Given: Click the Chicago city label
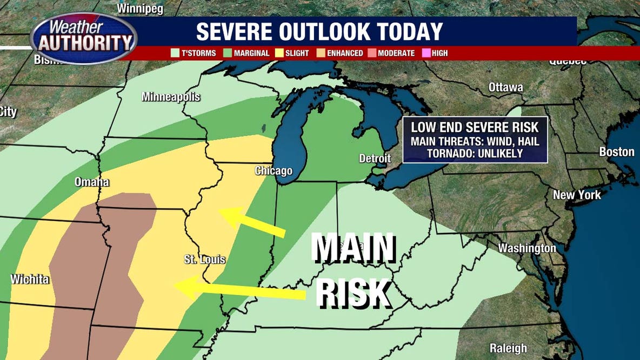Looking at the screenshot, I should [x=274, y=171].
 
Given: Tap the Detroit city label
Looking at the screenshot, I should [x=375, y=159].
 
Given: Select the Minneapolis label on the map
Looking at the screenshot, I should [x=171, y=97].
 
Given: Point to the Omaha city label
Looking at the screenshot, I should [x=92, y=182].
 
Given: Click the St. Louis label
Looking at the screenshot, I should [x=205, y=260].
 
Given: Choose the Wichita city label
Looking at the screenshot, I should [x=30, y=279].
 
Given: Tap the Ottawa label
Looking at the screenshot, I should [x=505, y=88].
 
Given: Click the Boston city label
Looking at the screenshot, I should [x=616, y=152].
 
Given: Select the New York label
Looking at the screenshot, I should [x=577, y=195].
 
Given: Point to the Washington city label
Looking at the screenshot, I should [x=526, y=248].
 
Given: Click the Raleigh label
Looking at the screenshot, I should [x=508, y=348].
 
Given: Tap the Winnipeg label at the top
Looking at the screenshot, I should [x=141, y=8].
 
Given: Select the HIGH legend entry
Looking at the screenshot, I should [x=436, y=53].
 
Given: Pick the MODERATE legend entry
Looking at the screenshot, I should [x=392, y=53].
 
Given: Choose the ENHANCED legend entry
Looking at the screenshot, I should [x=341, y=53].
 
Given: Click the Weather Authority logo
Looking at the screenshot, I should [x=84, y=38].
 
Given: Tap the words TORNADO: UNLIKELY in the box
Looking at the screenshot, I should [x=475, y=153].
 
